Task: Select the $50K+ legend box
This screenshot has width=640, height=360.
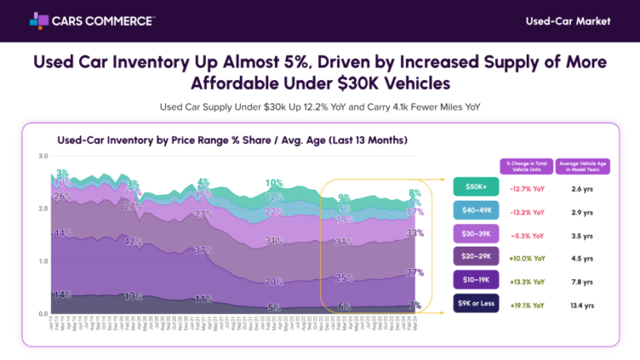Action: click(476, 187)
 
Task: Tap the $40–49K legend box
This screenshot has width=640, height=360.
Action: click(476, 211)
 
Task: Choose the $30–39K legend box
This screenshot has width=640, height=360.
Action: click(476, 234)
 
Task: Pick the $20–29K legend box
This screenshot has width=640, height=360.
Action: click(476, 257)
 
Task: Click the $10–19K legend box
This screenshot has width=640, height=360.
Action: click(476, 281)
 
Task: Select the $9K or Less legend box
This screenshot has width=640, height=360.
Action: click(476, 304)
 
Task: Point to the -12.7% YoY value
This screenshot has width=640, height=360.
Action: click(526, 187)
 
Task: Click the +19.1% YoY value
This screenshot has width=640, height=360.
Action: click(526, 305)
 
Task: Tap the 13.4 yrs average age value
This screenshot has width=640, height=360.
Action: click(583, 305)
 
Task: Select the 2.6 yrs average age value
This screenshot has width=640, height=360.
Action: click(583, 187)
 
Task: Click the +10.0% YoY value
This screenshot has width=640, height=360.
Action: click(526, 257)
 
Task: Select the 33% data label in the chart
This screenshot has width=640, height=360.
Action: click(414, 233)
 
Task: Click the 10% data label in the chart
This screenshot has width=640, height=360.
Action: click(273, 182)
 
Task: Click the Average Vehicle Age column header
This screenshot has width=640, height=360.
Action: click(583, 165)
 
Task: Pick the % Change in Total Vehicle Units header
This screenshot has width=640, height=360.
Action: click(526, 165)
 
